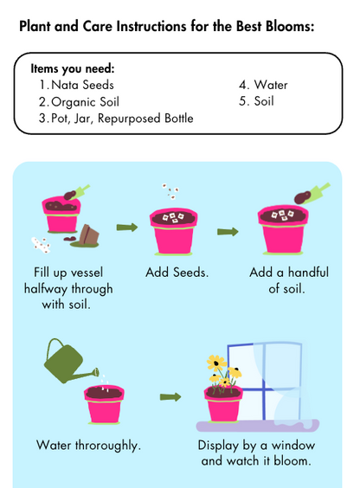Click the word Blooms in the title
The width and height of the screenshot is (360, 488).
[x=290, y=26]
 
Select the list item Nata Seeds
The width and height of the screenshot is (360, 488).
[x=76, y=85]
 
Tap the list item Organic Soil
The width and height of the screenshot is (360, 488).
[x=79, y=102]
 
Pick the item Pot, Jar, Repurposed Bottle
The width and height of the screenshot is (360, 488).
[x=116, y=119]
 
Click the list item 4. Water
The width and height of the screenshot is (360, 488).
[x=263, y=85]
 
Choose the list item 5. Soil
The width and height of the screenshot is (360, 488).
[x=256, y=101]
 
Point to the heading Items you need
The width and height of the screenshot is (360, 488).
[x=73, y=68]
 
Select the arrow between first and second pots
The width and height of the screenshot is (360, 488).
[x=127, y=228]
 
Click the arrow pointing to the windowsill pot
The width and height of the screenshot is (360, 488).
[x=170, y=397]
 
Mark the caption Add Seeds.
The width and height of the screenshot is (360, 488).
[x=177, y=273]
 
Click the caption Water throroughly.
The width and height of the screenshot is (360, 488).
[x=88, y=446]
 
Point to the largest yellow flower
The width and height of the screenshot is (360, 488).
[x=216, y=363]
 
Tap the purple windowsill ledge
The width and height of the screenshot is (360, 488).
[x=257, y=426]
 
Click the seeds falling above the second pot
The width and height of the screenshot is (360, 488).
[x=170, y=191]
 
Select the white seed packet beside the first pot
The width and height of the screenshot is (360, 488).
[x=41, y=245]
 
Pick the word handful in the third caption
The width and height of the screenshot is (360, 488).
[x=308, y=273]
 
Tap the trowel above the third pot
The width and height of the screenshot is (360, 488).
[x=312, y=194]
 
